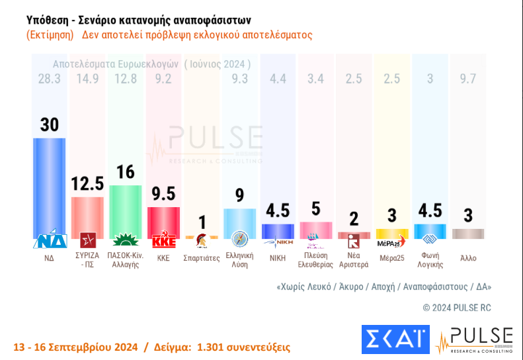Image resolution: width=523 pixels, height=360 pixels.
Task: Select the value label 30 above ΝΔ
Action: (x=50, y=125)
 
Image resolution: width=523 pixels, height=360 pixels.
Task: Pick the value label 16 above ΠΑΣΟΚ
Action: (x=126, y=173)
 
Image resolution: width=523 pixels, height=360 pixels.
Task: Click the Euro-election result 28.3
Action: (x=50, y=79)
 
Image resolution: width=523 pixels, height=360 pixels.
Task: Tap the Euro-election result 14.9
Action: (x=87, y=79)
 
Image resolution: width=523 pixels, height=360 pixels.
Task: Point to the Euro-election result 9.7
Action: (x=468, y=79)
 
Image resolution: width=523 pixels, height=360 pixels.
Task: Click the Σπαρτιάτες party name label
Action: (x=201, y=258)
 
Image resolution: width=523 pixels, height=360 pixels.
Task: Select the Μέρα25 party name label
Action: (x=392, y=258)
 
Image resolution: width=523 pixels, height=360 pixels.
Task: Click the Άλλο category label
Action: (x=468, y=258)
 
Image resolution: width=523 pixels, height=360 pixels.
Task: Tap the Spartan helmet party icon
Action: (x=201, y=240)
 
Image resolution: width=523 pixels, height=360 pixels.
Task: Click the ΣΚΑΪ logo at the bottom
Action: (x=395, y=339)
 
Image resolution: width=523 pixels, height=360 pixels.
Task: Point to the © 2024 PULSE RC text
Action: (x=457, y=307)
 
